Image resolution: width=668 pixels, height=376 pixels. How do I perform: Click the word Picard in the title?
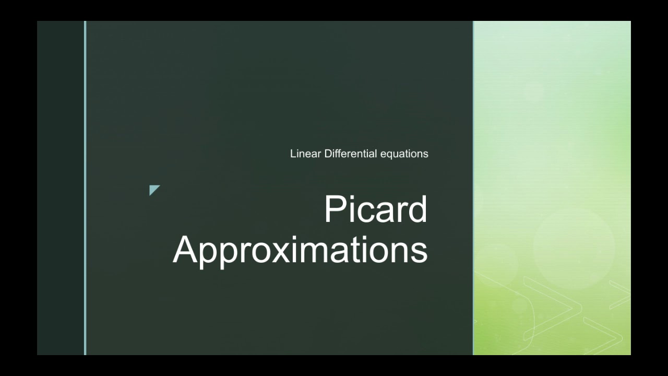coord(375,209)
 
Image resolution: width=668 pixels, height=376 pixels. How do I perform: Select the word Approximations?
coord(300,250)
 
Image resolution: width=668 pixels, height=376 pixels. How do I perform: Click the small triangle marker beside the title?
coord(153,189)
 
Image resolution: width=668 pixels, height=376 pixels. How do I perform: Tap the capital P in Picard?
coord(336,209)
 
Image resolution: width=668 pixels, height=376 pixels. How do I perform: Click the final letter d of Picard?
coord(416,209)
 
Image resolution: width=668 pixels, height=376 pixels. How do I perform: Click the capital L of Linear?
coord(293,154)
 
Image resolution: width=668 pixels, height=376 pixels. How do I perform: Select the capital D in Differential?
coord(328,154)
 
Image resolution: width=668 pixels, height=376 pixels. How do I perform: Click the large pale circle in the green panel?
coord(574,249)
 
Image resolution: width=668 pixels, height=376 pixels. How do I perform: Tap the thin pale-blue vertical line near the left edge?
coord(85,188)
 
